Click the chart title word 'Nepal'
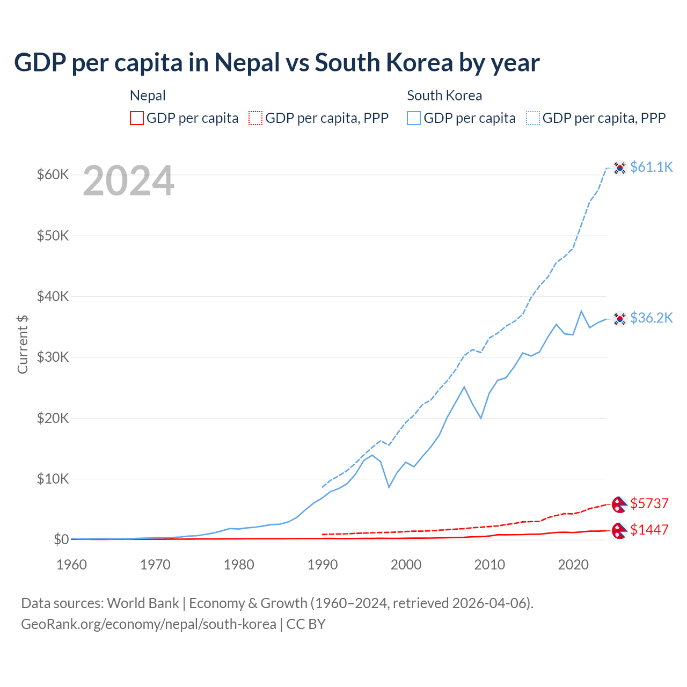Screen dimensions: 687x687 [247, 63]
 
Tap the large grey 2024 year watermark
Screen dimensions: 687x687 [128, 181]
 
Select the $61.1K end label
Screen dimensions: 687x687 [651, 167]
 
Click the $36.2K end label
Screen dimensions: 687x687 [651, 318]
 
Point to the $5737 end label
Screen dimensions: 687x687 [649, 503]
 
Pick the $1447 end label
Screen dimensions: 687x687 [649, 530]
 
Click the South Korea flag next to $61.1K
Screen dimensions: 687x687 [620, 168]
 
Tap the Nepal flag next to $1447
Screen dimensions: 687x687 [619, 531]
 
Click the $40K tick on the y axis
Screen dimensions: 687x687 [53, 296]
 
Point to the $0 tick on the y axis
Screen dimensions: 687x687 [61, 539]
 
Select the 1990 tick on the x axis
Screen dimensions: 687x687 [323, 565]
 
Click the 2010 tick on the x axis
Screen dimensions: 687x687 [489, 565]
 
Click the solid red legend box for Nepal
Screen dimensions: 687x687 [137, 118]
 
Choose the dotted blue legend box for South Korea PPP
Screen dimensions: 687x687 [533, 118]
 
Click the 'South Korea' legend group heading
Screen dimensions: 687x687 [444, 96]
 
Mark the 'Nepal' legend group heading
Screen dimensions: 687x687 [148, 96]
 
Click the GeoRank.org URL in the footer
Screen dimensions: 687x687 [148, 624]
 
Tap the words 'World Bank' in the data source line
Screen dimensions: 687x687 [143, 603]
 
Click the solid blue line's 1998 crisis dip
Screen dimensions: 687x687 [389, 486]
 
